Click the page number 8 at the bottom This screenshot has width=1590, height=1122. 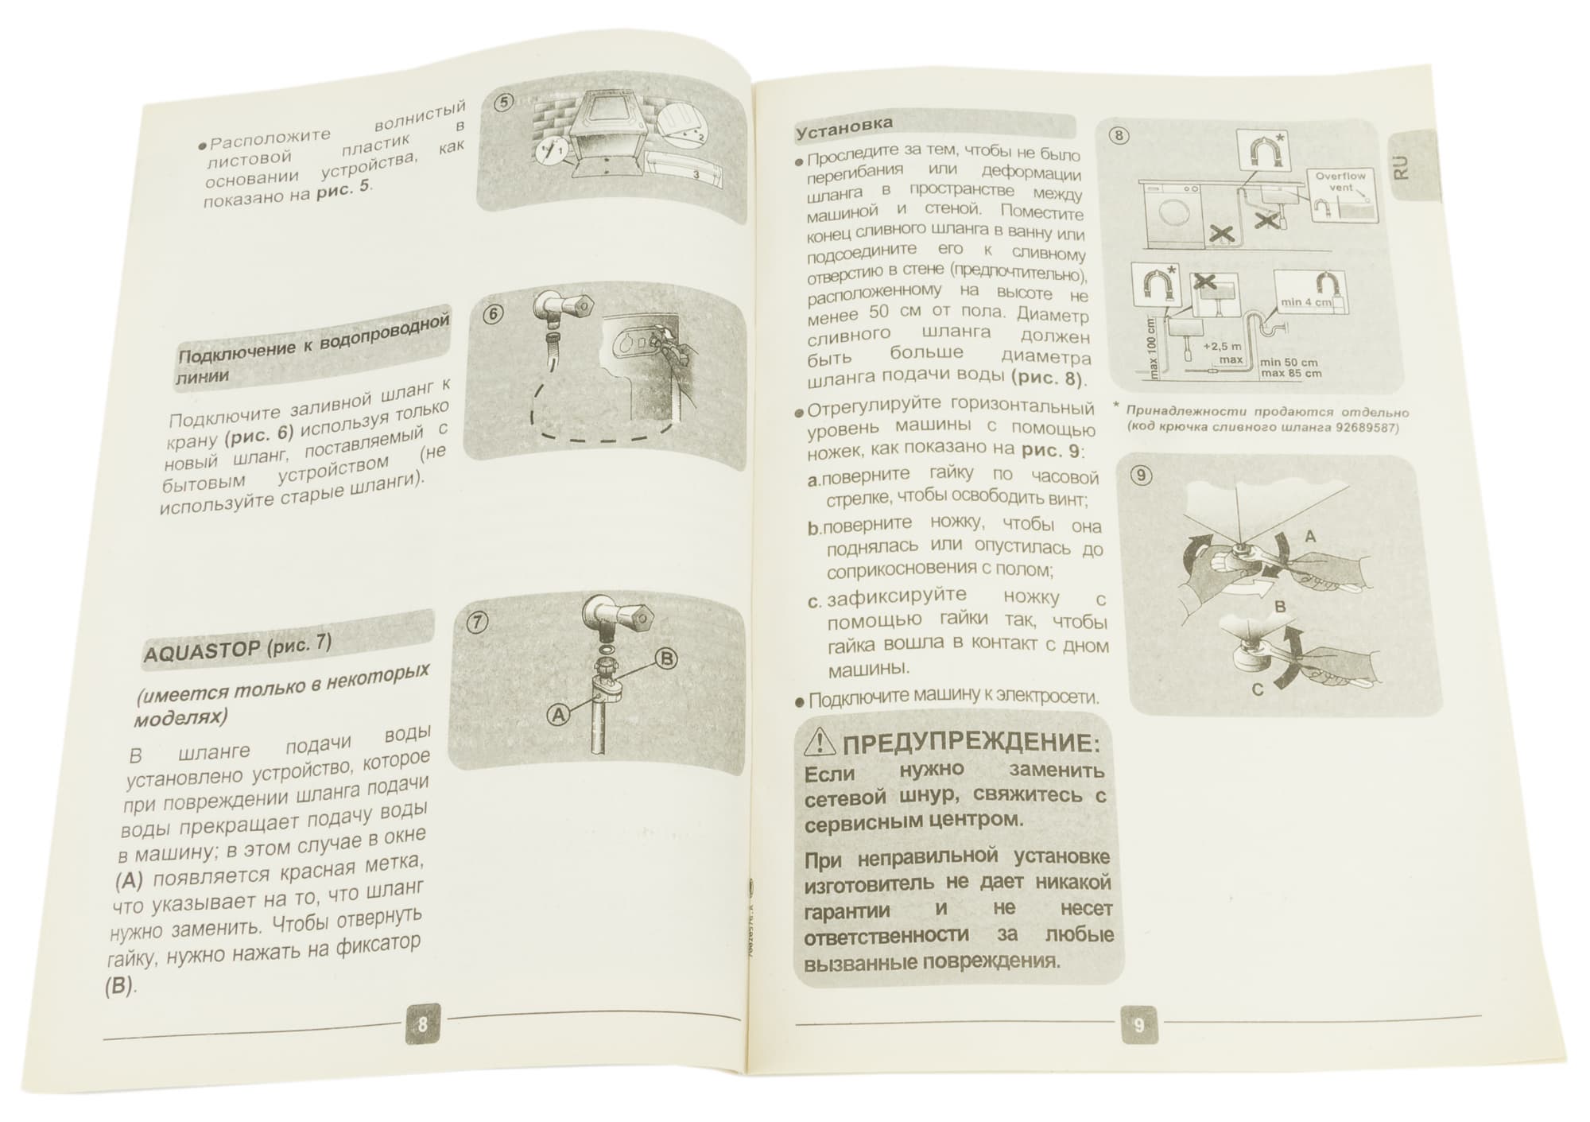[x=422, y=1023]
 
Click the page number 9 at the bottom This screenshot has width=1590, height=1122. [x=1139, y=1025]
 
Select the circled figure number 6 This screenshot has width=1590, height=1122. [x=493, y=314]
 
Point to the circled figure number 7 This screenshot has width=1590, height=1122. [x=476, y=623]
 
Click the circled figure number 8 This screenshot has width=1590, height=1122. [x=1119, y=135]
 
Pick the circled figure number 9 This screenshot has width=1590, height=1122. [x=1141, y=476]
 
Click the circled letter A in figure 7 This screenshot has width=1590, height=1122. [x=559, y=715]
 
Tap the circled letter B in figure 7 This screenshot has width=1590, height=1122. [x=665, y=658]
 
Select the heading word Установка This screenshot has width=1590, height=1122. [x=844, y=126]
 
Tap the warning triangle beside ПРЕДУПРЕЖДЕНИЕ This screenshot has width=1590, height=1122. [x=820, y=742]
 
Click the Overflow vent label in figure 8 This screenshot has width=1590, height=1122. [x=1340, y=181]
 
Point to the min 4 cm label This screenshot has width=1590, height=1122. [x=1306, y=302]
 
